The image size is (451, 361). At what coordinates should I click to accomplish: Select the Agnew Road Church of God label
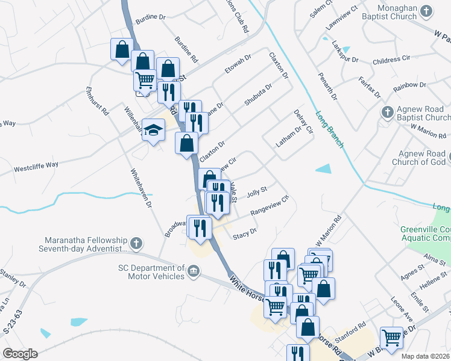[419, 157]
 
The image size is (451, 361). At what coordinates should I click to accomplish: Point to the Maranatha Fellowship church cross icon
[136, 244]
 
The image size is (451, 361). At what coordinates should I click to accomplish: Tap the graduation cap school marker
[153, 130]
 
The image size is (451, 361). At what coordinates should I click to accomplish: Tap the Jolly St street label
[257, 190]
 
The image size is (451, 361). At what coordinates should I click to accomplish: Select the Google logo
[20, 354]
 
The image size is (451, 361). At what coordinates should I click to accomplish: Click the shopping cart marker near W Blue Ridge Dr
[392, 338]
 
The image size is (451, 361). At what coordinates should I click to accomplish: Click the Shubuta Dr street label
[258, 94]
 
